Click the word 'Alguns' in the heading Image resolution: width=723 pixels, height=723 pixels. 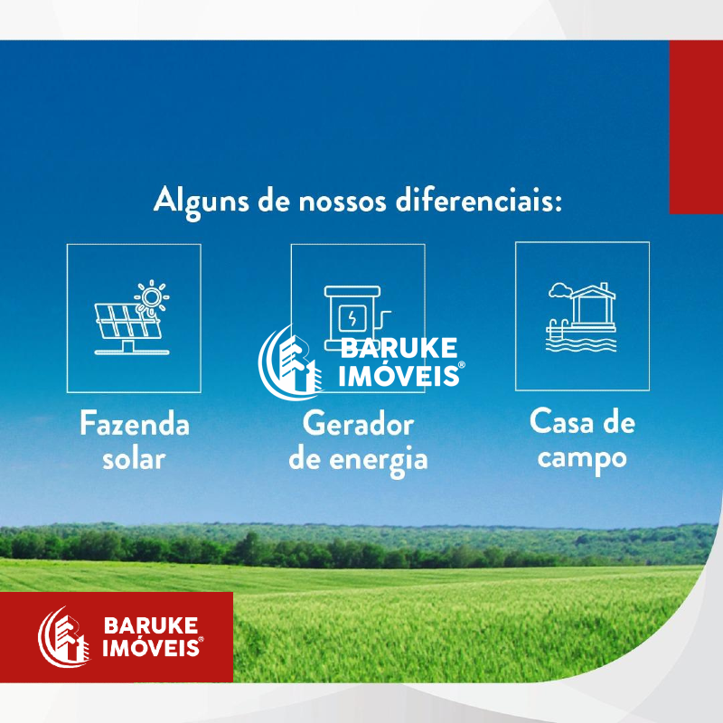click(202, 202)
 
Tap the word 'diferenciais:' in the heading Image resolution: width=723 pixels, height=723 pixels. click(479, 200)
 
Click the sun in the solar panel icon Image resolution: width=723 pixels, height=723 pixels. click(152, 296)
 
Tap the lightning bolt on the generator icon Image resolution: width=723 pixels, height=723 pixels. click(352, 318)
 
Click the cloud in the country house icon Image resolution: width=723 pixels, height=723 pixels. click(560, 290)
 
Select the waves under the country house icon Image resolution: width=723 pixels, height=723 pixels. click(581, 345)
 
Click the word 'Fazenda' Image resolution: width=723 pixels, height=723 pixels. click(135, 423)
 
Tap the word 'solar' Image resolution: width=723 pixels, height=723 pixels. click(134, 459)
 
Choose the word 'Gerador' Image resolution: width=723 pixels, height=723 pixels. click(358, 423)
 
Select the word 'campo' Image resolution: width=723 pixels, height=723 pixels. click(582, 460)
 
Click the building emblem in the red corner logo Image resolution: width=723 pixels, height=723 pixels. click(63, 637)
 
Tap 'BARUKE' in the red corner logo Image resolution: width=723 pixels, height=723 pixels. click(151, 625)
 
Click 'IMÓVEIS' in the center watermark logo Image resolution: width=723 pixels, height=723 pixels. click(399, 376)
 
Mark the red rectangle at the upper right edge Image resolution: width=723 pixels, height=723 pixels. click(696, 127)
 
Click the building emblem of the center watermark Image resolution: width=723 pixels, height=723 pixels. click(290, 362)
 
